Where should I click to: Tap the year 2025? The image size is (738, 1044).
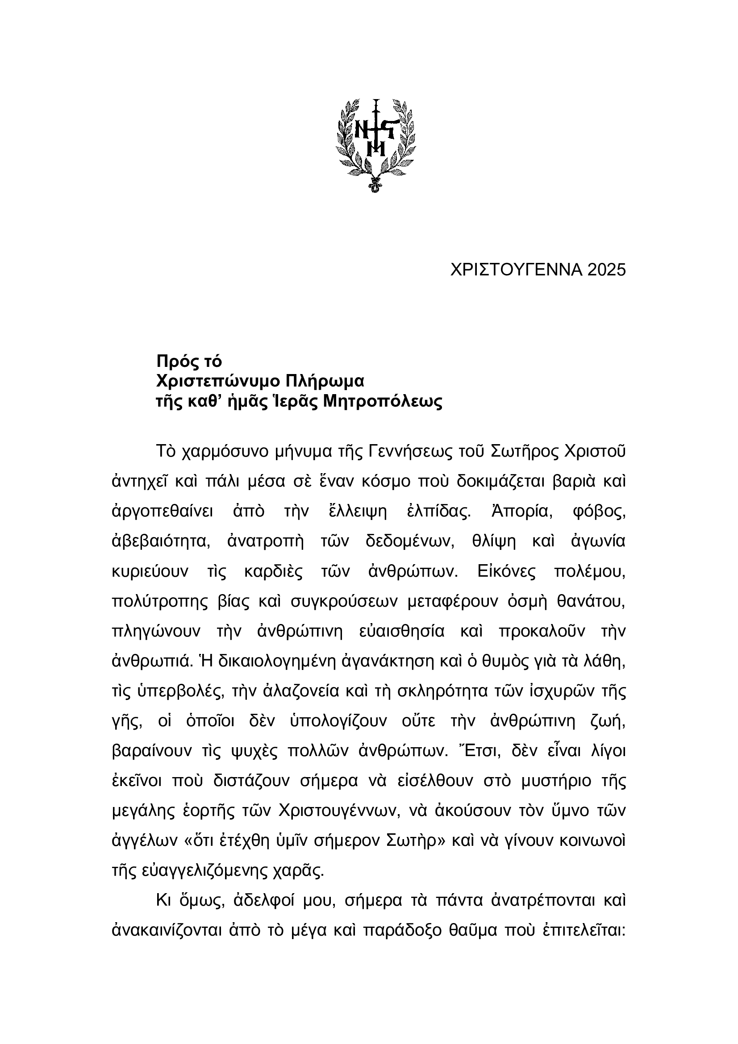[x=607, y=270]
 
